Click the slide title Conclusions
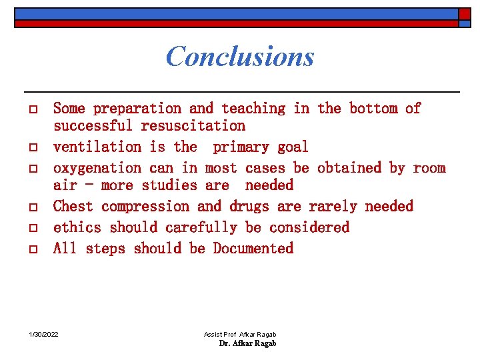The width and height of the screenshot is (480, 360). [x=239, y=56]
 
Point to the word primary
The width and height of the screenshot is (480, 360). [x=241, y=147]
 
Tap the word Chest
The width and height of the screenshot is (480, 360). [x=73, y=206]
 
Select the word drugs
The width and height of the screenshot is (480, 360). [x=249, y=206]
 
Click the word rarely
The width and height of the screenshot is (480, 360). [x=333, y=206]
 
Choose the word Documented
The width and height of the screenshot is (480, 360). [x=253, y=248]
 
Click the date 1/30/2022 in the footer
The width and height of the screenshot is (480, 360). [x=44, y=333]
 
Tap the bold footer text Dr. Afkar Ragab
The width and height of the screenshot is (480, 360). [x=247, y=343]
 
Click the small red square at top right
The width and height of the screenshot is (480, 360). [x=464, y=14]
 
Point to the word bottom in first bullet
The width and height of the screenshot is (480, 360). [x=373, y=108]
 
